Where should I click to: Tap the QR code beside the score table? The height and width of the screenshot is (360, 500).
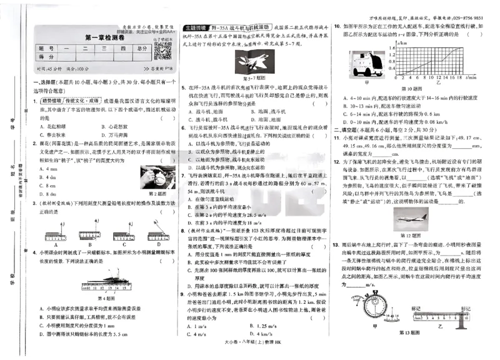[x=164, y=52]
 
